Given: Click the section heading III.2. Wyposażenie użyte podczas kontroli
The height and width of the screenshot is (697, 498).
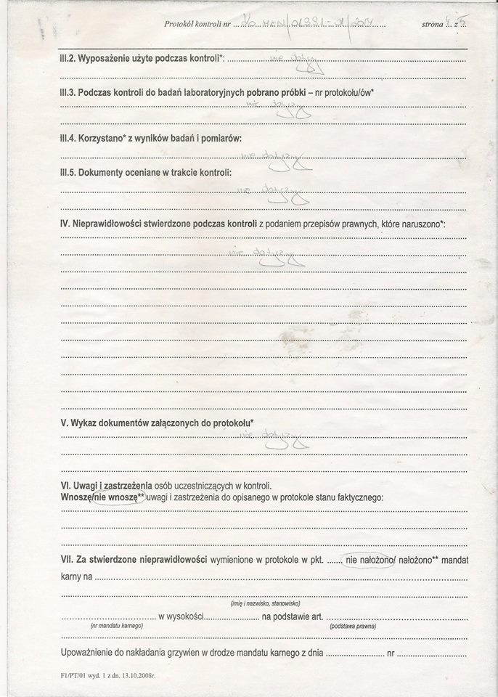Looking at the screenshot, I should [x=144, y=57].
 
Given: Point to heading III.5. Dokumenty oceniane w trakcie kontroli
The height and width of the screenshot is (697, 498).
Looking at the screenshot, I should [x=146, y=173].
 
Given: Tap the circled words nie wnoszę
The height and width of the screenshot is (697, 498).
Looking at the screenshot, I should [x=116, y=497].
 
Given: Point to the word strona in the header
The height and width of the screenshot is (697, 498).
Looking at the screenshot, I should [x=433, y=25].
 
